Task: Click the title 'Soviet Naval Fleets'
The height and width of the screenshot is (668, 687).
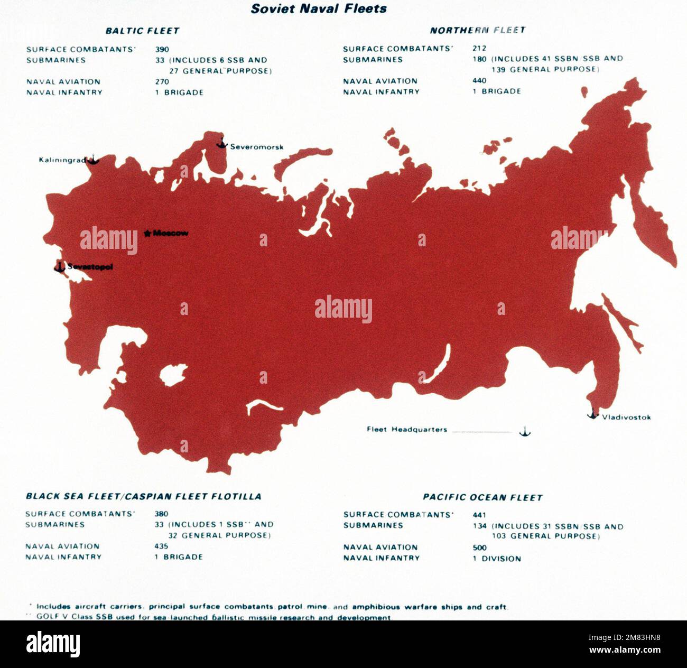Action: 319,9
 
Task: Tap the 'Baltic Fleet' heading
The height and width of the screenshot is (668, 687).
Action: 142,31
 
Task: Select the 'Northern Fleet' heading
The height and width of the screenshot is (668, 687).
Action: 477,30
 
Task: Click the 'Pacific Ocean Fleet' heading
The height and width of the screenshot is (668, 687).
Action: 482,497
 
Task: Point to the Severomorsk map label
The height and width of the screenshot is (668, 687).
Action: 256,147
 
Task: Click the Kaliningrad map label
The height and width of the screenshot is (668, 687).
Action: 62,160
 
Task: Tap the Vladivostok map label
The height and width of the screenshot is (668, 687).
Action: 626,417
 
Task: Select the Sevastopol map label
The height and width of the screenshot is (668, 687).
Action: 90,267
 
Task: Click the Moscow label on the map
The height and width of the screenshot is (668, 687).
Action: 171,233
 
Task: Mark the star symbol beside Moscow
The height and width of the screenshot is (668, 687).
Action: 147,233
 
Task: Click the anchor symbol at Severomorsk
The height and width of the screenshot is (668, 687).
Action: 221,143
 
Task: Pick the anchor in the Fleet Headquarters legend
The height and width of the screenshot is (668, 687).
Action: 524,431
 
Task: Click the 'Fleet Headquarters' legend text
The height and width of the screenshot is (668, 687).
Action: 407,430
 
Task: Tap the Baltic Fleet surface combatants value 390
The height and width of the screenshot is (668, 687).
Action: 162,50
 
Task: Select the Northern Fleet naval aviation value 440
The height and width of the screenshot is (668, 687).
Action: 479,81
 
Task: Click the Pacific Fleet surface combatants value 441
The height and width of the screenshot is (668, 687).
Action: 479,515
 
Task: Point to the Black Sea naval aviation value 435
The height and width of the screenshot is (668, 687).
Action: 161,546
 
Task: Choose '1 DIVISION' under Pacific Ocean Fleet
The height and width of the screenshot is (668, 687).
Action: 497,559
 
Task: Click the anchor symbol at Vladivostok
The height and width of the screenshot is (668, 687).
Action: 593,414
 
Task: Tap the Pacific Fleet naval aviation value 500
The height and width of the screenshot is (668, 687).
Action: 479,548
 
